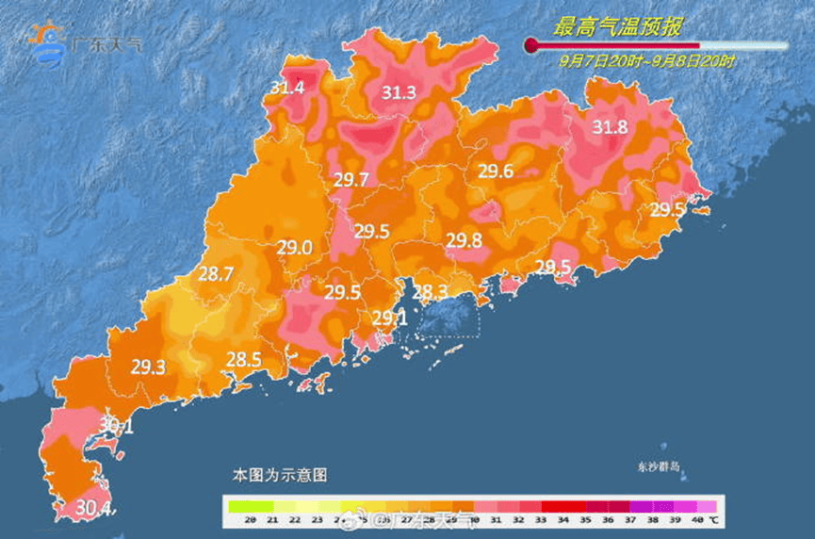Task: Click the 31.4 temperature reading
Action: click(287, 88)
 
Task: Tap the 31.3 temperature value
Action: click(399, 92)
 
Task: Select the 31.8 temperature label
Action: click(610, 128)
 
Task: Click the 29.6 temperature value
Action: click(496, 171)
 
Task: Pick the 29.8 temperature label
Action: click(465, 240)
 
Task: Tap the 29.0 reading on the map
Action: click(294, 248)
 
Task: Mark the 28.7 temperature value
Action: click(216, 275)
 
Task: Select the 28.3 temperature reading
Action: click(429, 291)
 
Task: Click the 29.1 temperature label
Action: click(388, 318)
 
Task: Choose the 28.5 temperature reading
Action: click(243, 359)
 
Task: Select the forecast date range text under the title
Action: click(646, 60)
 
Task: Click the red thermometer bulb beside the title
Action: click(530, 44)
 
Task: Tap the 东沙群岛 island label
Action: click(657, 466)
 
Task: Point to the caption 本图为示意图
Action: click(280, 476)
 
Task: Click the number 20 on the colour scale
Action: click(251, 519)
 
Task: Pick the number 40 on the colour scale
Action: click(696, 519)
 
